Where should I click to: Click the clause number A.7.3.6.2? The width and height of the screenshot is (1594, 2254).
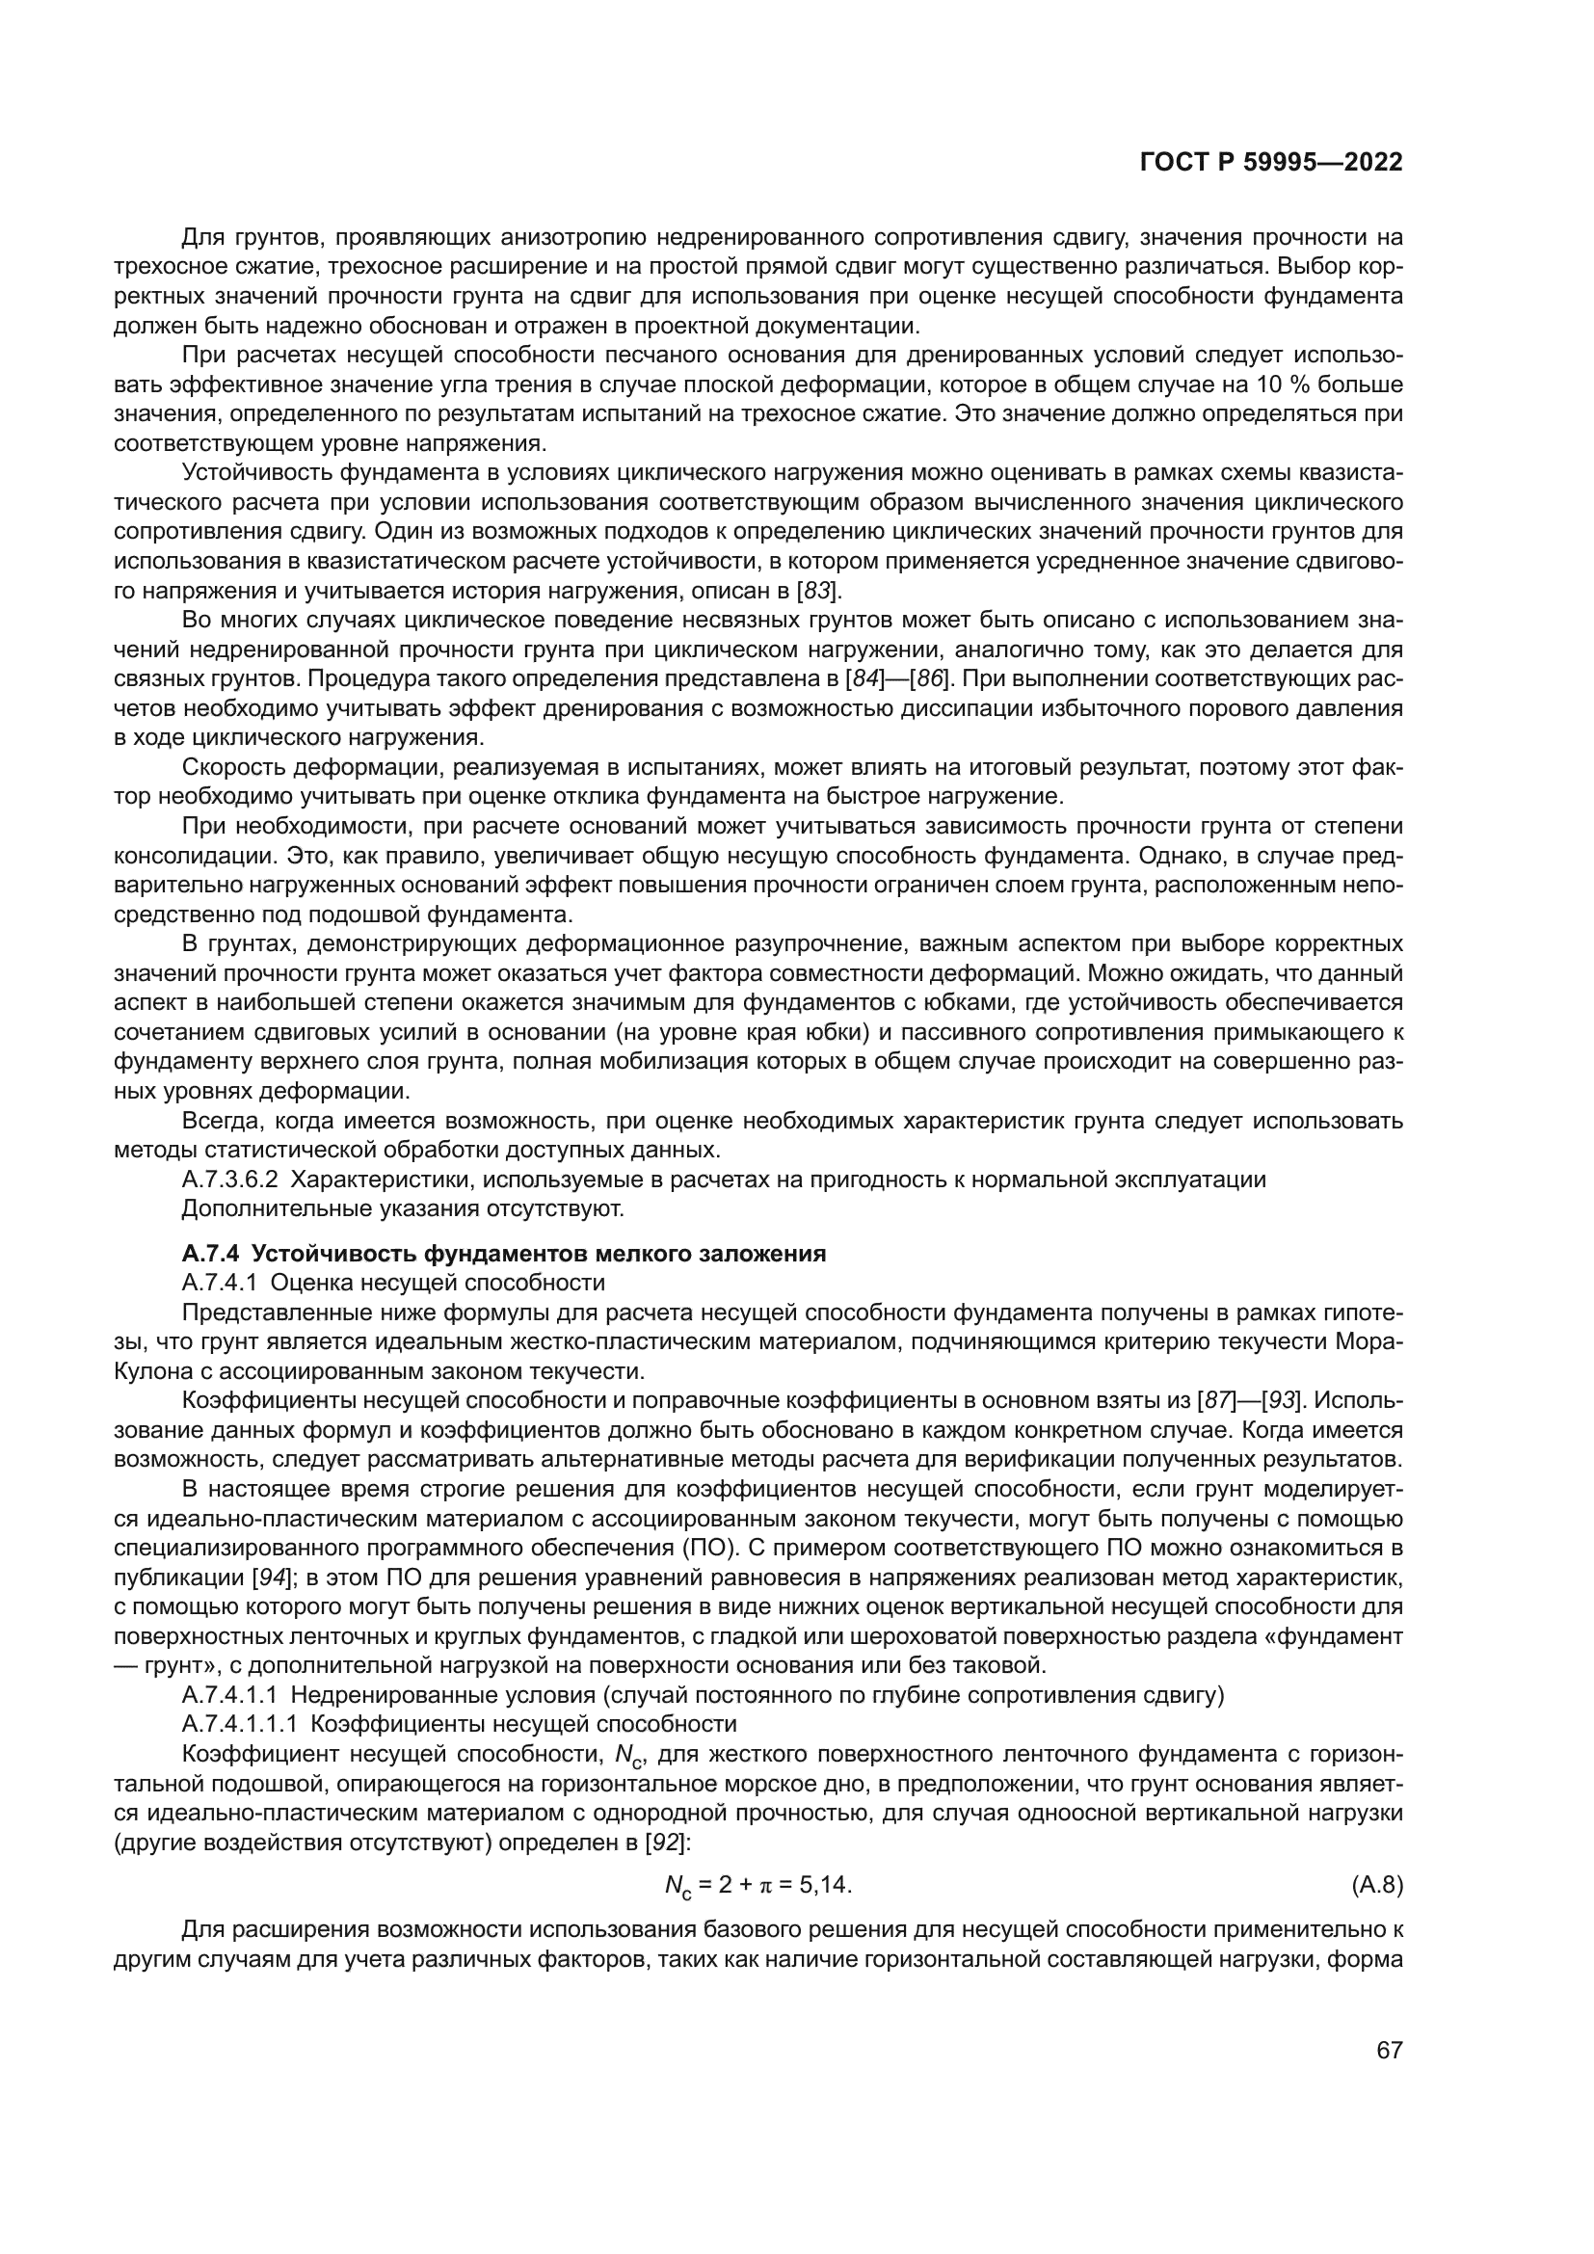click(x=229, y=1179)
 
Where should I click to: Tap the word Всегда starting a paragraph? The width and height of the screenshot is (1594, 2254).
click(x=218, y=1121)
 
